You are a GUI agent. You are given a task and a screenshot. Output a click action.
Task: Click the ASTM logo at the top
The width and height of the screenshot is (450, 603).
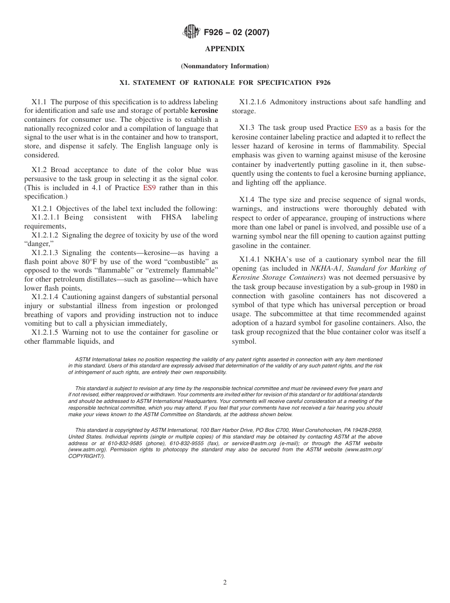pyautogui.click(x=191, y=32)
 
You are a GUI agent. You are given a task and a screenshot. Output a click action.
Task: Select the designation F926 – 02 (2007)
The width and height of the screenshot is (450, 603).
pyautogui.click(x=236, y=33)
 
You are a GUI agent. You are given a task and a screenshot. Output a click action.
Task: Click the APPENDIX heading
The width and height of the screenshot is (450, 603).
pyautogui.click(x=225, y=49)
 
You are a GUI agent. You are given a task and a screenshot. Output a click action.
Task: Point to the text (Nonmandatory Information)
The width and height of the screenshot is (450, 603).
pyautogui.click(x=225, y=66)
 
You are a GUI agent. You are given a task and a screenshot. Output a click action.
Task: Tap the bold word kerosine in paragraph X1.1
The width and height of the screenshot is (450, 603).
pyautogui.click(x=204, y=110)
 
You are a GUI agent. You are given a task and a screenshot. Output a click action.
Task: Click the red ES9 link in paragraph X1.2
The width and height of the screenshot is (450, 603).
pyautogui.click(x=149, y=188)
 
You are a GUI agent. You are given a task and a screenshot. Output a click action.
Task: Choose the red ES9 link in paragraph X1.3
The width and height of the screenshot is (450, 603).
pyautogui.click(x=360, y=128)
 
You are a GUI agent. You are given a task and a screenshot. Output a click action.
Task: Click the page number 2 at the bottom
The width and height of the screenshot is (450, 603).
pyautogui.click(x=225, y=583)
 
